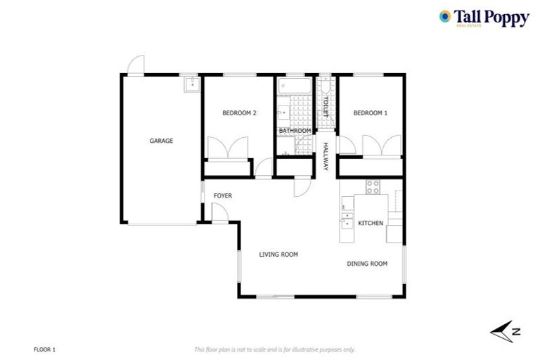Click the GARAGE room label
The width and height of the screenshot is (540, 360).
(x=161, y=141)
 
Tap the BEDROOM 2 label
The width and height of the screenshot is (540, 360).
(x=239, y=112)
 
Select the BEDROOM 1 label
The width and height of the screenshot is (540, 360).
(x=370, y=112)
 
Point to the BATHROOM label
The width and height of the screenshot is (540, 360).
(x=295, y=131)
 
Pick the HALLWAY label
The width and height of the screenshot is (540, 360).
(x=326, y=157)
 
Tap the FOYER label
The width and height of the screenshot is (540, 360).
(x=223, y=195)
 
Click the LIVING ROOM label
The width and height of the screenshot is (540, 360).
(x=278, y=255)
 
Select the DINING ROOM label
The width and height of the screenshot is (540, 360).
(x=367, y=264)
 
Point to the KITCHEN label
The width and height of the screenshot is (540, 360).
(x=371, y=223)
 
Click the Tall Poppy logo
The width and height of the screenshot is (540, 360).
(x=483, y=18)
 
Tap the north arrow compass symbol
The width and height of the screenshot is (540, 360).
(x=505, y=330)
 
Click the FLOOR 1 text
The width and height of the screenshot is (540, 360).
(x=44, y=349)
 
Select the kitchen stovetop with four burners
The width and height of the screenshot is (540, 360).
(x=373, y=187)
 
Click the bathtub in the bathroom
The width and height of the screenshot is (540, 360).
(x=291, y=86)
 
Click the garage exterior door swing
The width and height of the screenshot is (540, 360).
(x=136, y=65)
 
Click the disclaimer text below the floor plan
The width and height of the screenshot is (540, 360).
(x=274, y=349)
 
